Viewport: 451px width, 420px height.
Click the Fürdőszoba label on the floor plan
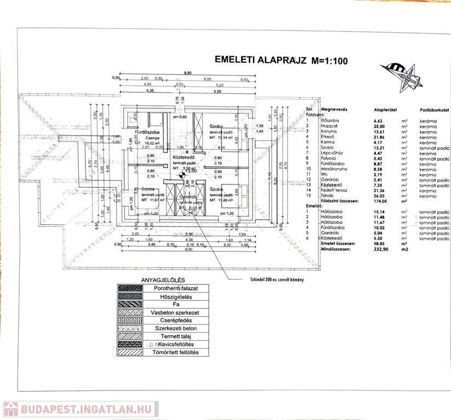click(x=147, y=132)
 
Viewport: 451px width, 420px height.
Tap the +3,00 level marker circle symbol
click(x=183, y=176)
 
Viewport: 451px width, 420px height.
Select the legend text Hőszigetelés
click(x=172, y=296)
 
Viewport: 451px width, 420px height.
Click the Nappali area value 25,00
click(x=379, y=126)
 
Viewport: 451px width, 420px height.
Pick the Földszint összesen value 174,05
click(x=379, y=201)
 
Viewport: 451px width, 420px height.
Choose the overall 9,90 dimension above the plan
click(x=188, y=73)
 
